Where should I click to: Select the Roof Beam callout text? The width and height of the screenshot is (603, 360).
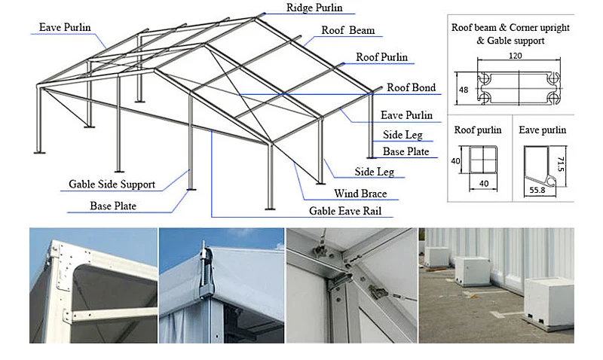click(347, 31)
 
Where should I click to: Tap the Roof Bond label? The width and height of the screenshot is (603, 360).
click(411, 88)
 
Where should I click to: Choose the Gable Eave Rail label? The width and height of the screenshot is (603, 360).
click(345, 212)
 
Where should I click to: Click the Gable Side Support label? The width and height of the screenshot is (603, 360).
click(112, 184)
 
